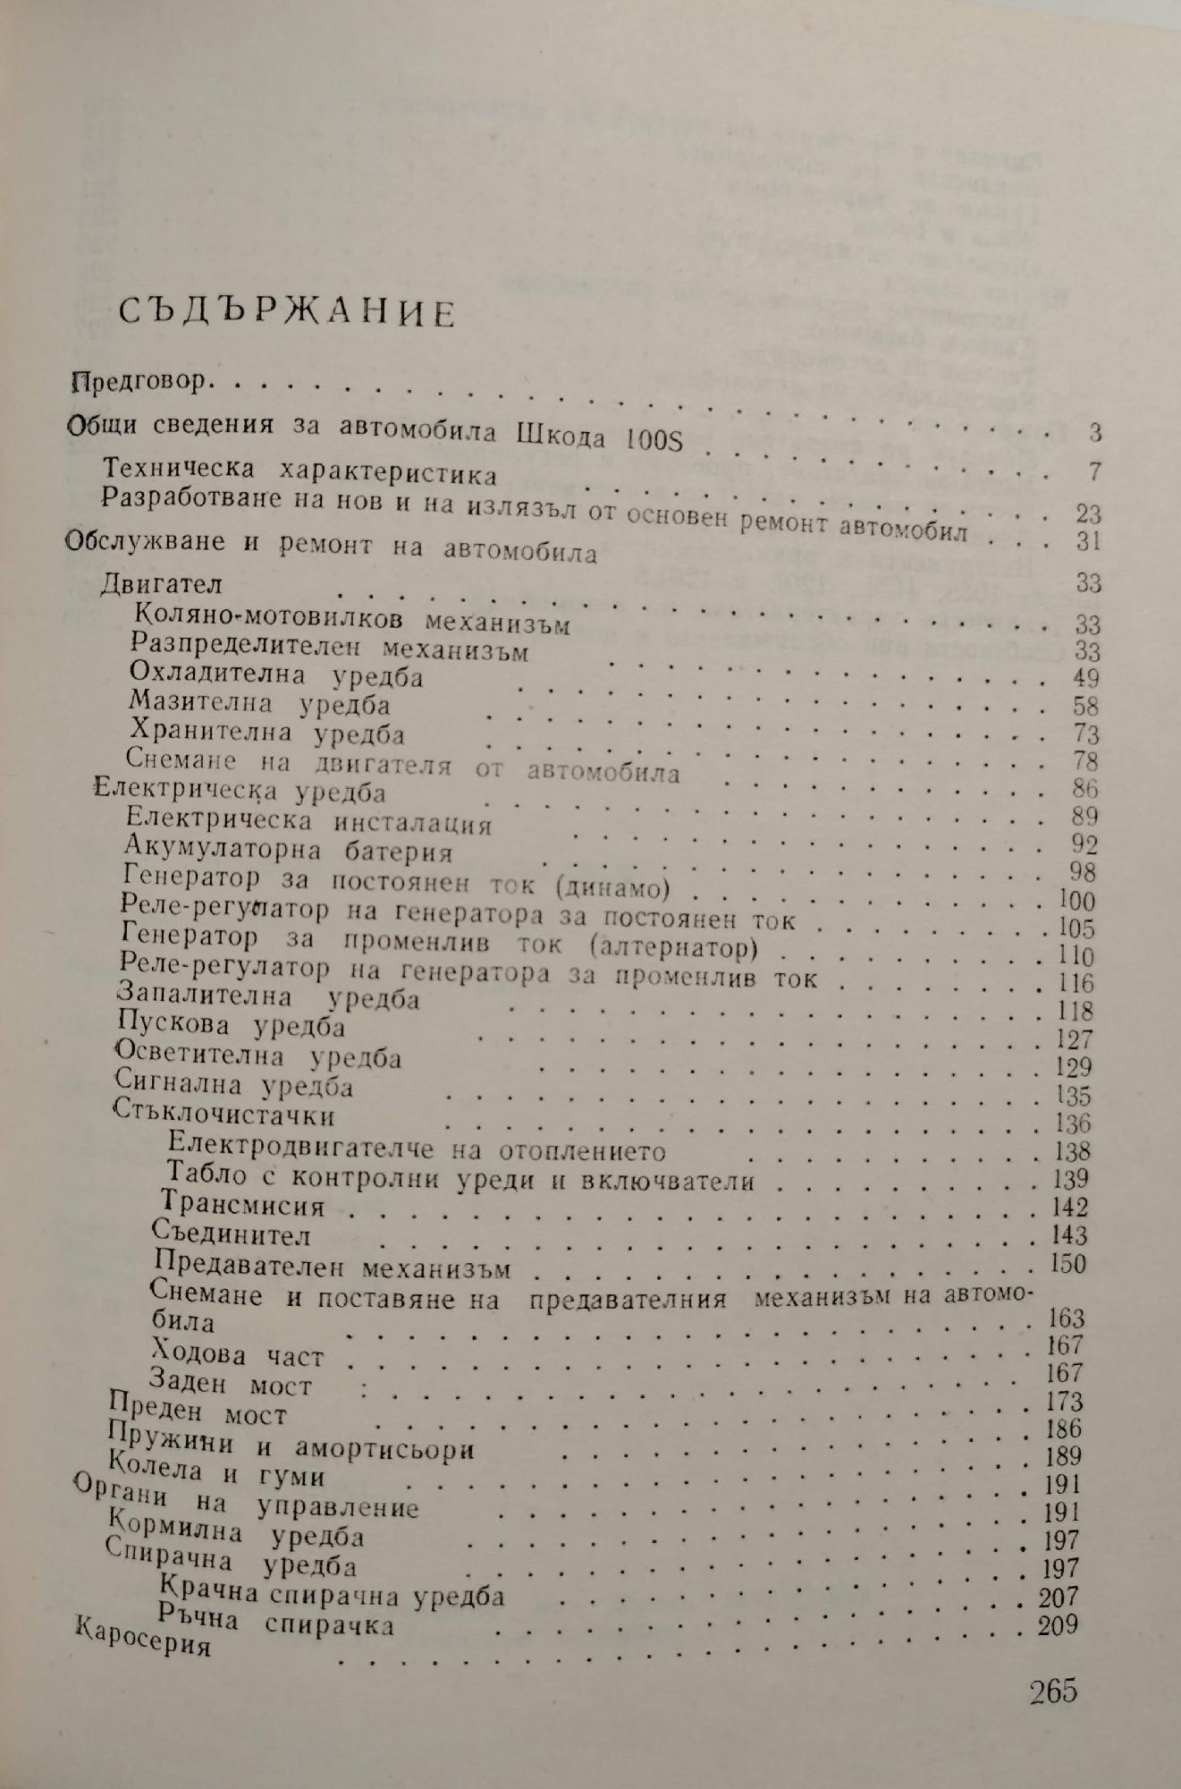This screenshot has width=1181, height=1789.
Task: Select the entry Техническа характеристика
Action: (x=299, y=471)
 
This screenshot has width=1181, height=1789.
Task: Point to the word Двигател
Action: (x=162, y=584)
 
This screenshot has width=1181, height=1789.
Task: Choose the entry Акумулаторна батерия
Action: (x=290, y=847)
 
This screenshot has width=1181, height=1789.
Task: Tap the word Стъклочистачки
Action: (x=227, y=1115)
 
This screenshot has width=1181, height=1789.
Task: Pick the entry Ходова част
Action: (x=238, y=1353)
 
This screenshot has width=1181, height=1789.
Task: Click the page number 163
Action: (x=1064, y=1318)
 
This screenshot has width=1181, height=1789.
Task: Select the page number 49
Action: (x=1084, y=677)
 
